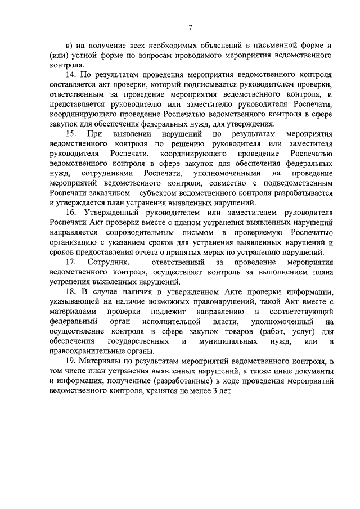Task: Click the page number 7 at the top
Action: [x=191, y=28]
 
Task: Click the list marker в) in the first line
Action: [x=70, y=43]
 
